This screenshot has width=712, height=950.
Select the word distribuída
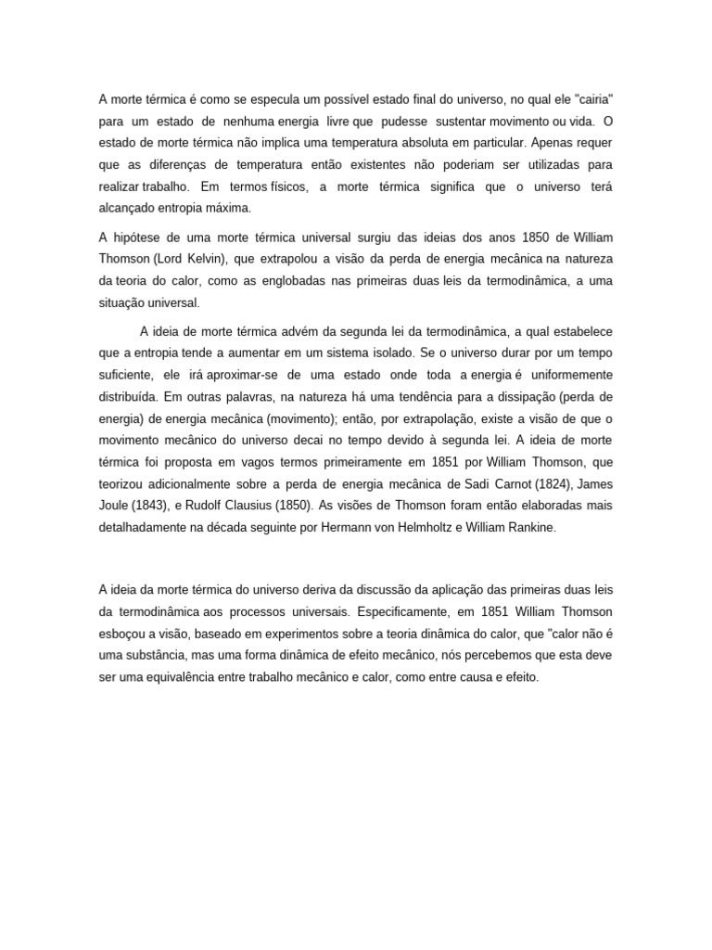tap(127, 396)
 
